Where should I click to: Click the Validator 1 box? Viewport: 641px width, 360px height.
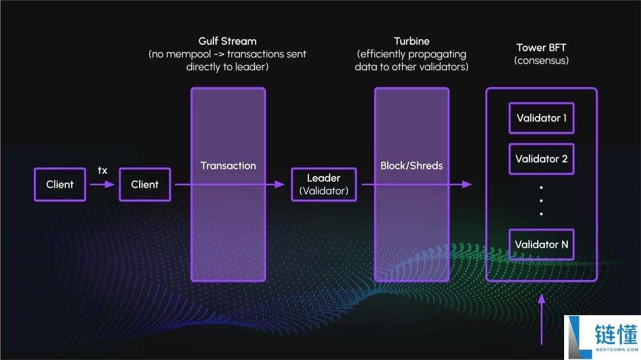541,118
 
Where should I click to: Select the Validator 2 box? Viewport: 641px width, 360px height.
541,159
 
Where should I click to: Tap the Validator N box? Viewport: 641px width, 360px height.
541,244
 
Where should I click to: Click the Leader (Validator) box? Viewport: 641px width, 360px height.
324,184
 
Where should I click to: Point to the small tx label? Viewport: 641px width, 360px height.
103,170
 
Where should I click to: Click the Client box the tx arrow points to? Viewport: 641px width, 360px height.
145,184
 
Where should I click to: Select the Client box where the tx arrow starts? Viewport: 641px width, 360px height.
60,184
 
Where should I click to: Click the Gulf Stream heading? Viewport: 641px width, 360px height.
228,41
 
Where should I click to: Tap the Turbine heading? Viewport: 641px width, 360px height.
412,41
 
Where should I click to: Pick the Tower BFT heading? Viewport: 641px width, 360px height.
541,48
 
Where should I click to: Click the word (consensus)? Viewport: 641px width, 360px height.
541,60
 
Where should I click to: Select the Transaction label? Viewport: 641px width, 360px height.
228,165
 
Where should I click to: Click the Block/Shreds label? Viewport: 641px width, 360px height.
412,165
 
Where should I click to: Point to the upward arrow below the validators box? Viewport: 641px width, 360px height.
542,319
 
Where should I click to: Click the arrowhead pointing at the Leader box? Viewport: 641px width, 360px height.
279,184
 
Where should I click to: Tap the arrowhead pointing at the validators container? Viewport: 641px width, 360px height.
467,184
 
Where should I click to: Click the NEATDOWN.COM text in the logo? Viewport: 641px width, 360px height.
617,349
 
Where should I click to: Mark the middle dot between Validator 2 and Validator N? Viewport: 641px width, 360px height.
541,200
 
